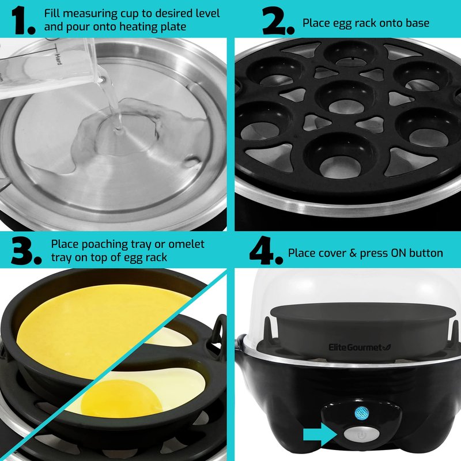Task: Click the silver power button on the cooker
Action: point(361,434)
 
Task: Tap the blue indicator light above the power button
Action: point(361,413)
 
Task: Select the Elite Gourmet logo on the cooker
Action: point(360,347)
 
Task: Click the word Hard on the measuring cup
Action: point(58,59)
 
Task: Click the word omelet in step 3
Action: point(186,244)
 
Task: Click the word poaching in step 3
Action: point(105,244)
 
